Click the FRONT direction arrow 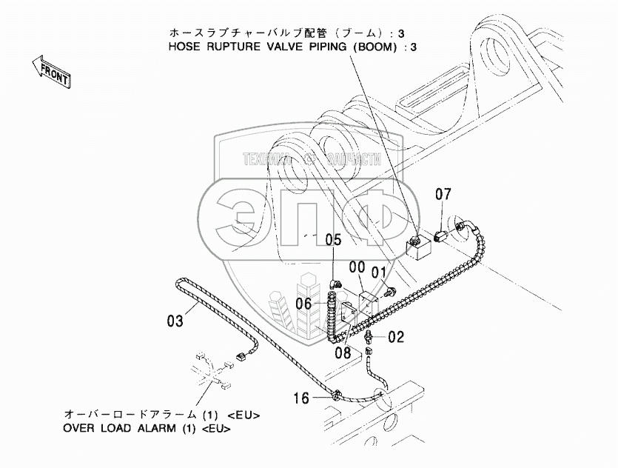click(51, 71)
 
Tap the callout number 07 click(443, 195)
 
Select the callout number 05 click(334, 239)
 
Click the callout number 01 click(379, 272)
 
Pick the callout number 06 click(304, 302)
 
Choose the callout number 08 click(342, 353)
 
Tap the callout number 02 click(396, 337)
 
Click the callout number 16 click(300, 398)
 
